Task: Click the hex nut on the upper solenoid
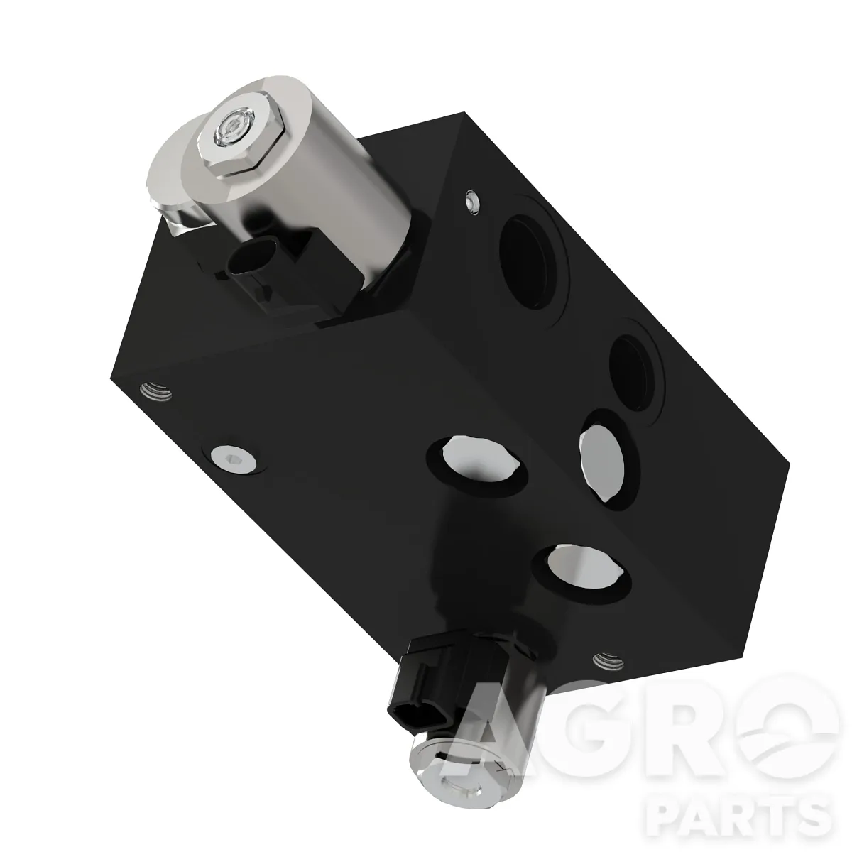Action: pos(240,135)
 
